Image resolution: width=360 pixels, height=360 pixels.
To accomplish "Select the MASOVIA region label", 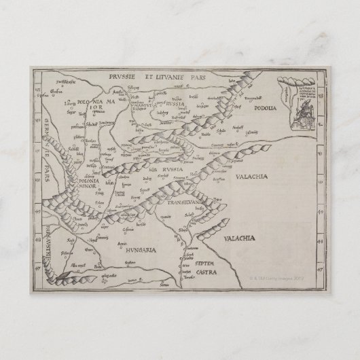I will point(148,104).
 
